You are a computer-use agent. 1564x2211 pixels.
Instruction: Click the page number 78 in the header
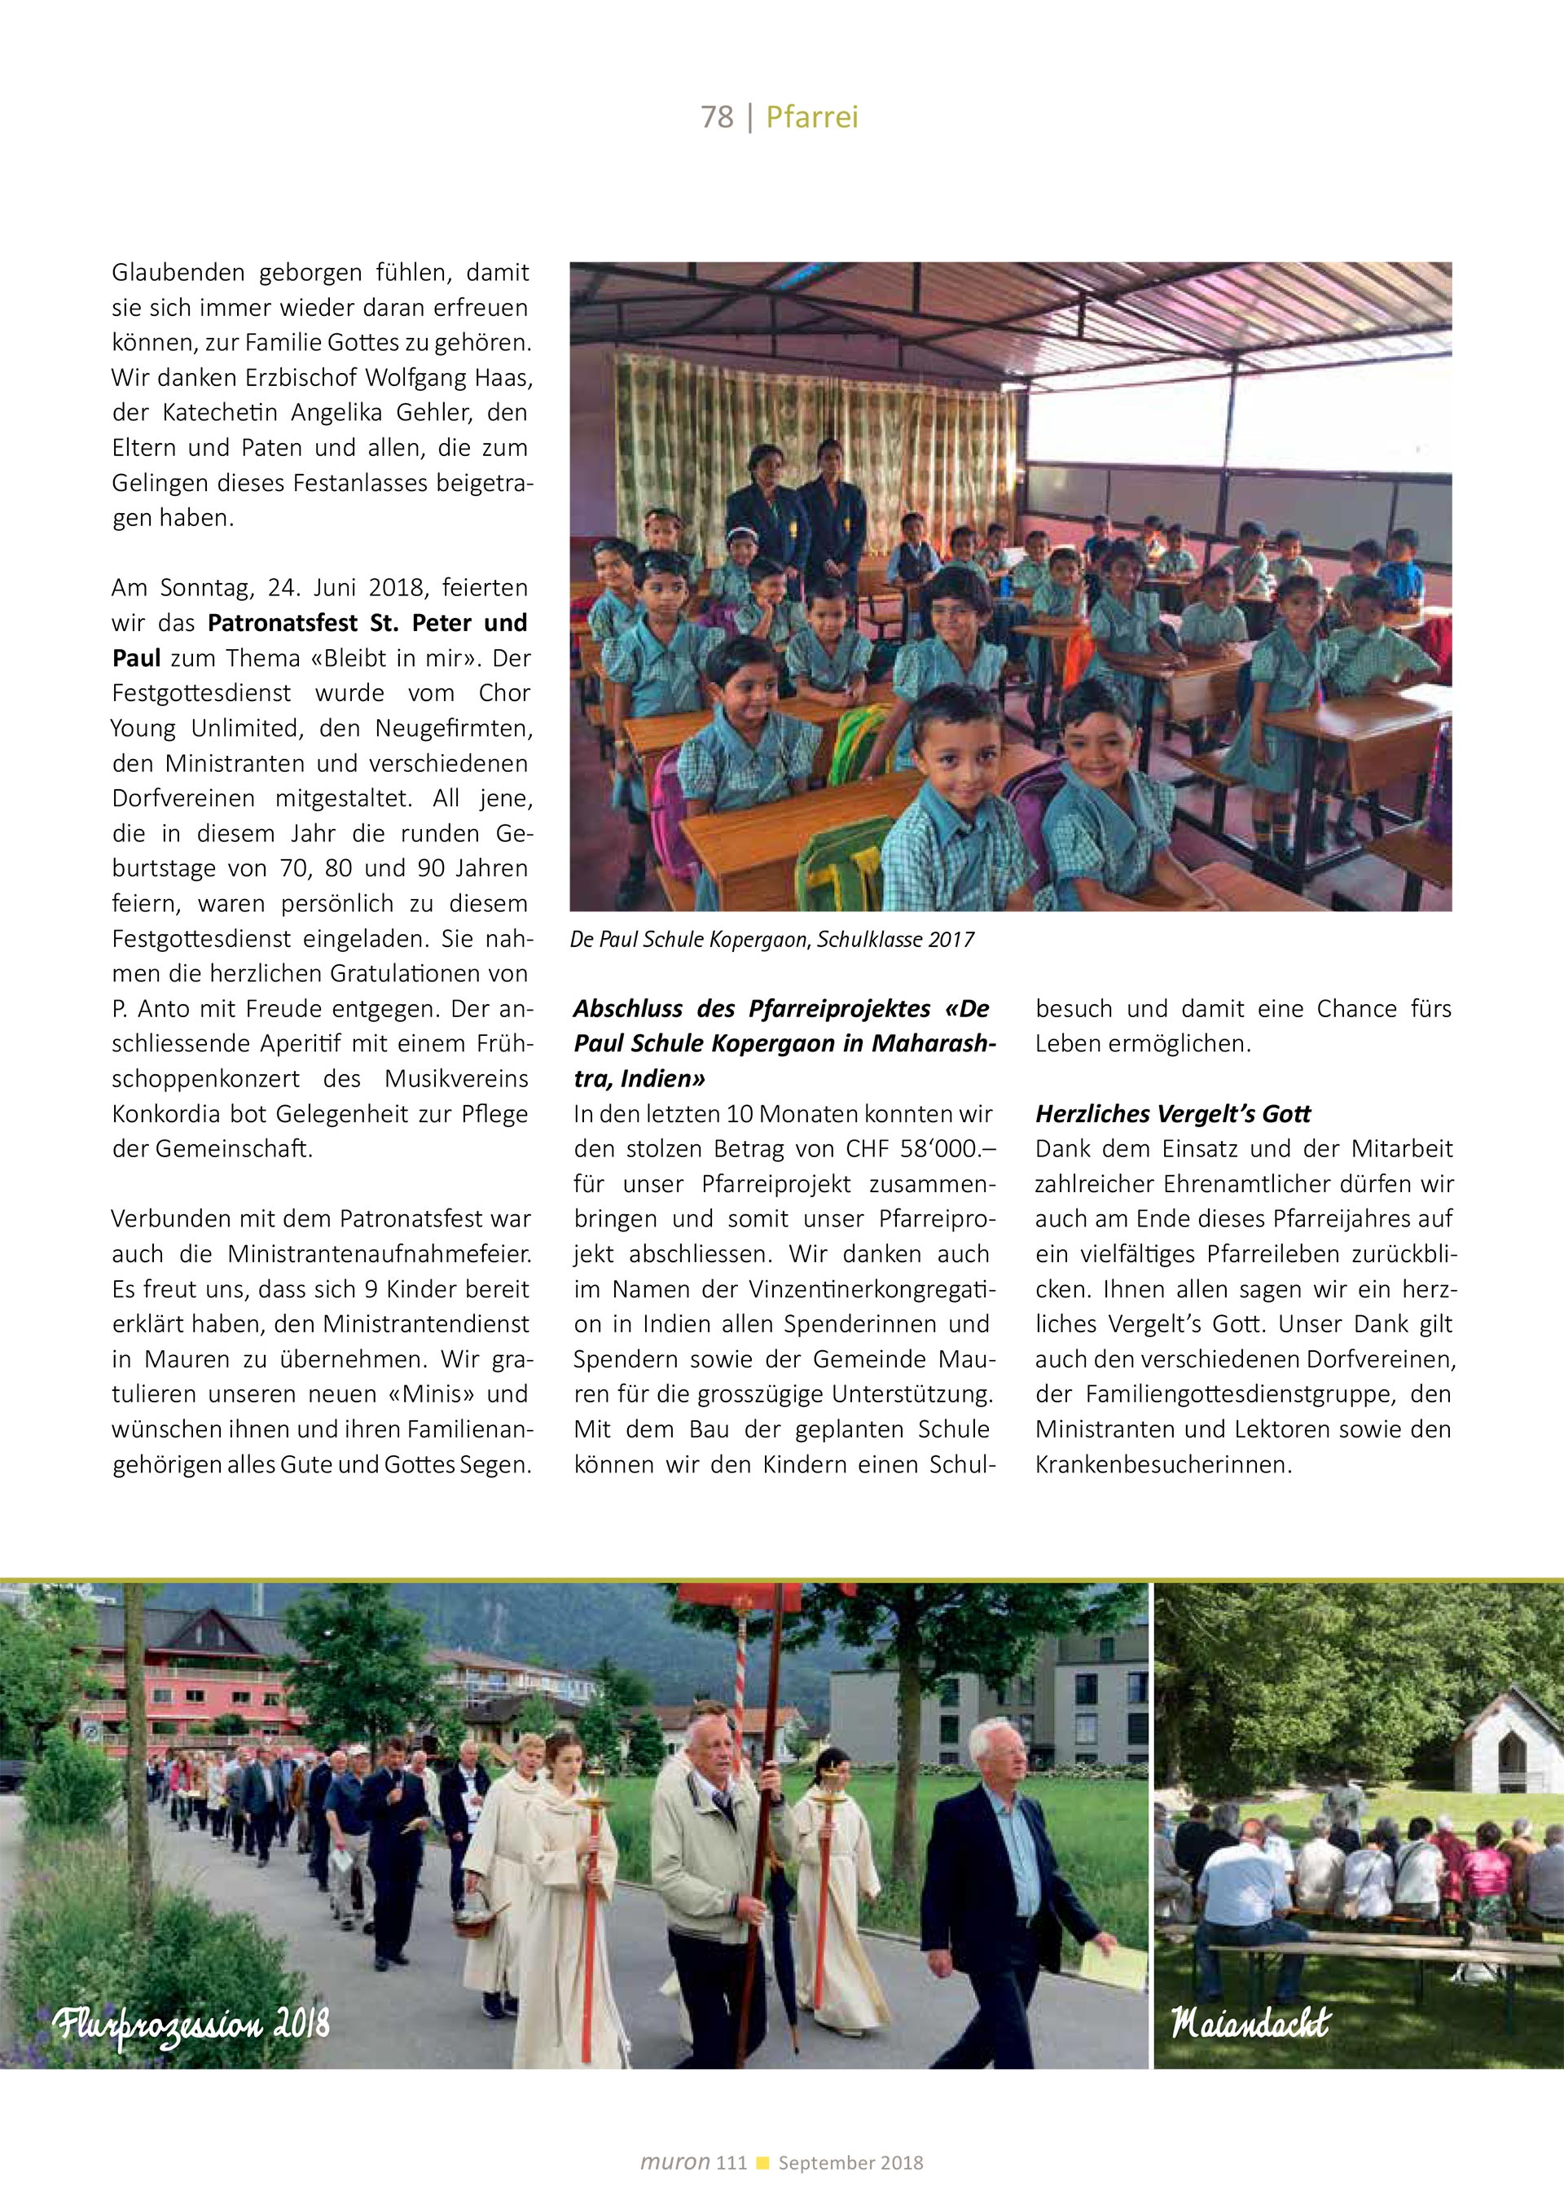[x=717, y=116]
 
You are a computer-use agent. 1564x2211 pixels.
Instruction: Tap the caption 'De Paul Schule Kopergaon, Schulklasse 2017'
[x=771, y=939]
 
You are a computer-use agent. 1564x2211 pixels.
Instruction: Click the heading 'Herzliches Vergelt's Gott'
[x=1172, y=1113]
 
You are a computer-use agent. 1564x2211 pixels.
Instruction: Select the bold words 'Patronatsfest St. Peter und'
[x=367, y=623]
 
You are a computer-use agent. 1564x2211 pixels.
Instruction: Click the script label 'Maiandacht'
[x=1250, y=2022]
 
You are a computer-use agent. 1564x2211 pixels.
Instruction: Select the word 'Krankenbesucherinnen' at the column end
[x=1162, y=1465]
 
